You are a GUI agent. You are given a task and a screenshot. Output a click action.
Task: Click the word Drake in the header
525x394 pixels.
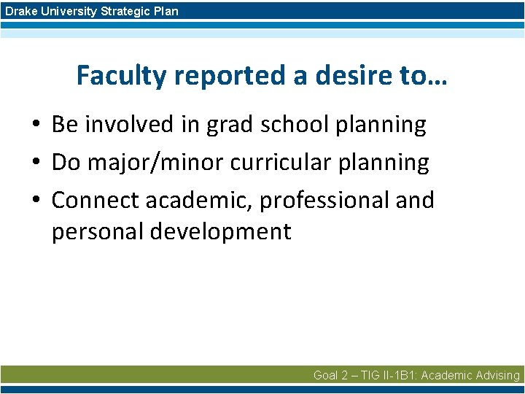(20, 11)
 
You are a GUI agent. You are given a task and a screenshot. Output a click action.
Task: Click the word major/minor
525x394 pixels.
(155, 163)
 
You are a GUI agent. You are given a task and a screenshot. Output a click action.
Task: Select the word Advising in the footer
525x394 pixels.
(496, 375)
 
